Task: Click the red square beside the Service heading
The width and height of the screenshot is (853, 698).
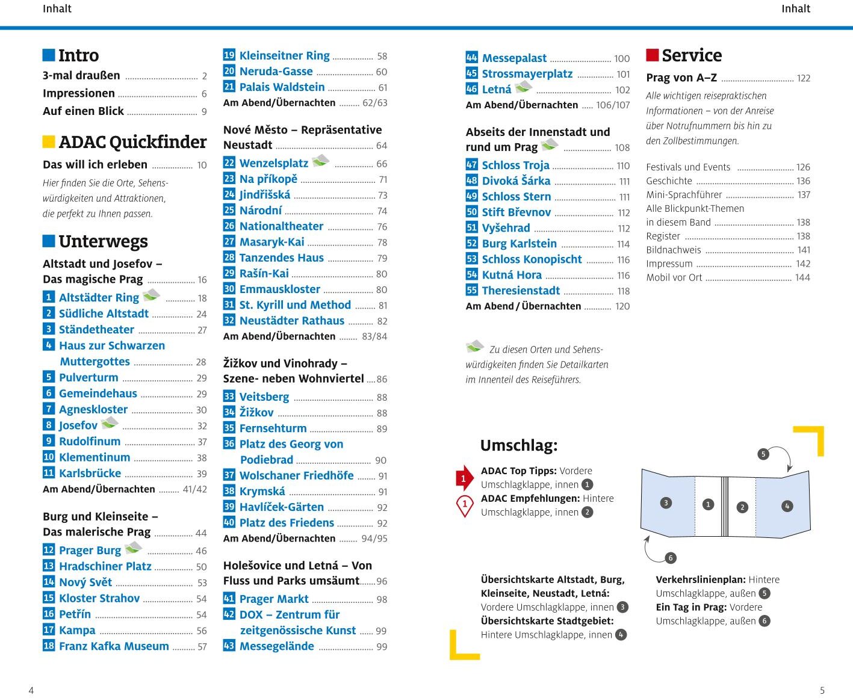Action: click(x=653, y=55)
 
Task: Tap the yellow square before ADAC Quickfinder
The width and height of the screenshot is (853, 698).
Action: click(x=49, y=142)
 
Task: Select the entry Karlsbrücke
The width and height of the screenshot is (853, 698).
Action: click(x=90, y=474)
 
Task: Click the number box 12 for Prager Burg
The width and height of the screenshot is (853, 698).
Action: click(x=49, y=550)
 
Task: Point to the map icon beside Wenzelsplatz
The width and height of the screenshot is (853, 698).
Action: click(x=320, y=161)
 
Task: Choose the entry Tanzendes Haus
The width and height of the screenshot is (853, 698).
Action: click(x=281, y=258)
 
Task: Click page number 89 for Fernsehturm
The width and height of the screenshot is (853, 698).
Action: click(x=382, y=429)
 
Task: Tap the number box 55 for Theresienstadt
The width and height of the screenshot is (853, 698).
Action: click(x=472, y=291)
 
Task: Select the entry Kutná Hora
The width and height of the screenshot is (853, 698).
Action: click(x=512, y=275)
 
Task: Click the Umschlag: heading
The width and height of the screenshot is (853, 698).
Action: click(x=519, y=446)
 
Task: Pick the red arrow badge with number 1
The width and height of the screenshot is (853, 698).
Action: click(x=464, y=479)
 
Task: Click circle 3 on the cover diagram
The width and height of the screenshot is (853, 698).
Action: click(x=666, y=503)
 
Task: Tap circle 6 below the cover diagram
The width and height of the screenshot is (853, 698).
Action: click(x=671, y=558)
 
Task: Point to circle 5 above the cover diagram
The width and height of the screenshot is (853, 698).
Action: click(x=763, y=454)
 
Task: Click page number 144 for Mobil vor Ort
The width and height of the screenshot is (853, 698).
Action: click(x=802, y=278)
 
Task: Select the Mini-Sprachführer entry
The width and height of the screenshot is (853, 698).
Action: click(x=684, y=195)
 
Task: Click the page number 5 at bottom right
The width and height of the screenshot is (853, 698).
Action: click(x=822, y=690)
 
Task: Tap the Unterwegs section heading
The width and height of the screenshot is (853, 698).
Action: click(x=103, y=242)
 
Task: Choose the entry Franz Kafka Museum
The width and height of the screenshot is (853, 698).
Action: click(x=114, y=646)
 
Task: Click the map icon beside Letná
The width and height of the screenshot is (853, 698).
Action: click(x=524, y=87)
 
